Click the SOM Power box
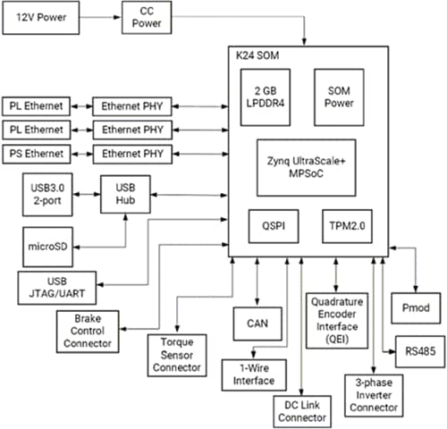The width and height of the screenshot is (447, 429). pos(343,97)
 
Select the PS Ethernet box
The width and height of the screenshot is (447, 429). pos(36,154)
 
